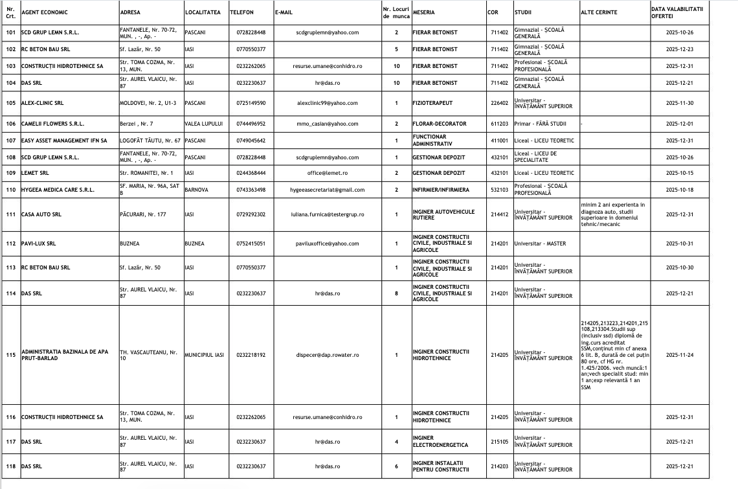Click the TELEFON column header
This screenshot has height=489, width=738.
click(x=241, y=12)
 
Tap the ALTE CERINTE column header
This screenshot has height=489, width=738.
click(x=599, y=12)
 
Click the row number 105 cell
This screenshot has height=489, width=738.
click(x=10, y=103)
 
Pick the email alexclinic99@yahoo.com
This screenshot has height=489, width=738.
click(x=327, y=103)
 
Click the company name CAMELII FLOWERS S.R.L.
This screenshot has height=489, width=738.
click(x=52, y=123)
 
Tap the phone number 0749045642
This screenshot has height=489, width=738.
click(x=251, y=141)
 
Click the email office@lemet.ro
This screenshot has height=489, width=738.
click(x=327, y=173)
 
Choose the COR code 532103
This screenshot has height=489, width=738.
click(x=499, y=190)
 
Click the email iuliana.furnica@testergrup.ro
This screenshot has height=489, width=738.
click(x=327, y=214)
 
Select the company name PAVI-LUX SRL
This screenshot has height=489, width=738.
click(x=38, y=244)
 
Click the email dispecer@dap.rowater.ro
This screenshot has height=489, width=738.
click(x=327, y=355)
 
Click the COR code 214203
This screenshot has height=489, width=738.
click(x=499, y=466)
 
